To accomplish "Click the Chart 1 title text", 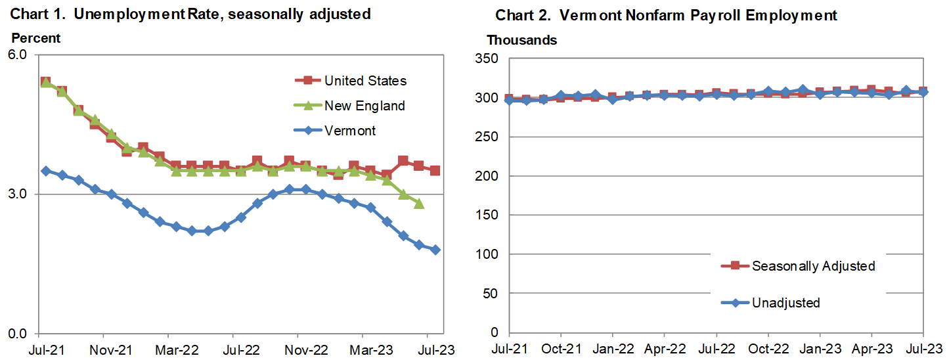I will pos(190,14).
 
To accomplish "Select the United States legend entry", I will pos(365,81).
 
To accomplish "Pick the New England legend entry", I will pos(364,106).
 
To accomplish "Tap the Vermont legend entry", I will pos(350,131).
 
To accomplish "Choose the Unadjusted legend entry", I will pos(785,303).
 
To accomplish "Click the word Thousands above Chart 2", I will pos(521,41).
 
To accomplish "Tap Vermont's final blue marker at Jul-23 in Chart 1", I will pos(435,250).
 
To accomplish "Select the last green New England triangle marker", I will pos(419,204).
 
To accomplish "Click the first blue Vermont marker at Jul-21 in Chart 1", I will pos(45,171).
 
